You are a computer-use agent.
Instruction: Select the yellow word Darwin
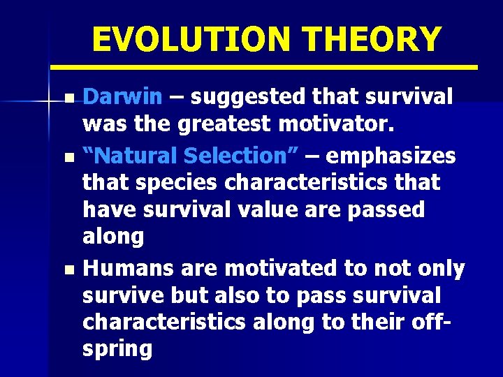122,97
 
